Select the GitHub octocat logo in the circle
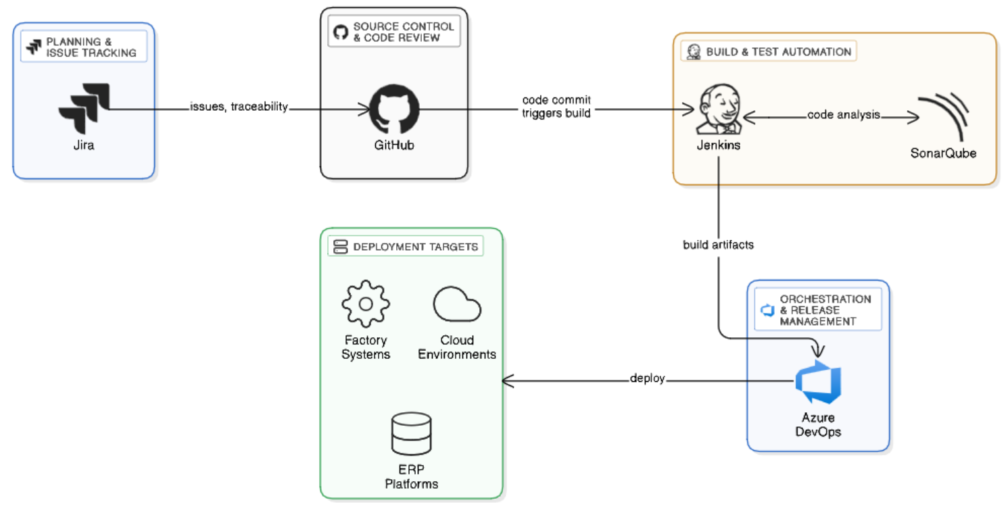click(x=394, y=109)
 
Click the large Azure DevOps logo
click(x=819, y=383)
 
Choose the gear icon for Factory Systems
click(x=366, y=304)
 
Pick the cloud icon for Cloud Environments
click(x=457, y=305)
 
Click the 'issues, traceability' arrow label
click(x=239, y=106)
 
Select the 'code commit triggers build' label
click(x=556, y=107)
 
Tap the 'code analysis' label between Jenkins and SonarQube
click(x=843, y=115)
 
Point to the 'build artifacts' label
click(x=718, y=245)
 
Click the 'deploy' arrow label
click(x=647, y=378)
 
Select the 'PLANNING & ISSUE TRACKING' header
click(x=84, y=47)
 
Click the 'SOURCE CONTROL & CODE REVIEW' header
click(x=394, y=32)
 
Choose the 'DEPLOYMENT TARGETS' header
click(x=406, y=247)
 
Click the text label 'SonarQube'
click(x=943, y=153)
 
